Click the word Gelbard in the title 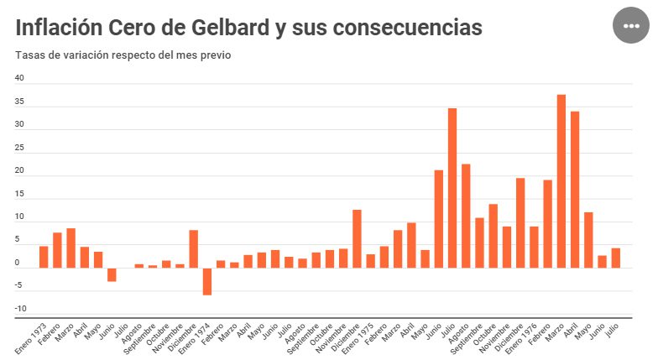coord(236,28)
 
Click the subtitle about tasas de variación coord(123,55)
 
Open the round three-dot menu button coord(631,27)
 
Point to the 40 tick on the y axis coord(20,79)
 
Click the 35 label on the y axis coord(20,102)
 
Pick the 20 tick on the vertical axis coord(20,171)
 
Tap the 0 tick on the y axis coord(17,263)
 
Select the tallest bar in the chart coord(561,180)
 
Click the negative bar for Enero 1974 coord(206,281)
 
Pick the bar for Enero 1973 coord(44,257)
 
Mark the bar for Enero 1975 coord(370,261)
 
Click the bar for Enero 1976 coord(534,247)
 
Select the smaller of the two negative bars coord(112,274)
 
